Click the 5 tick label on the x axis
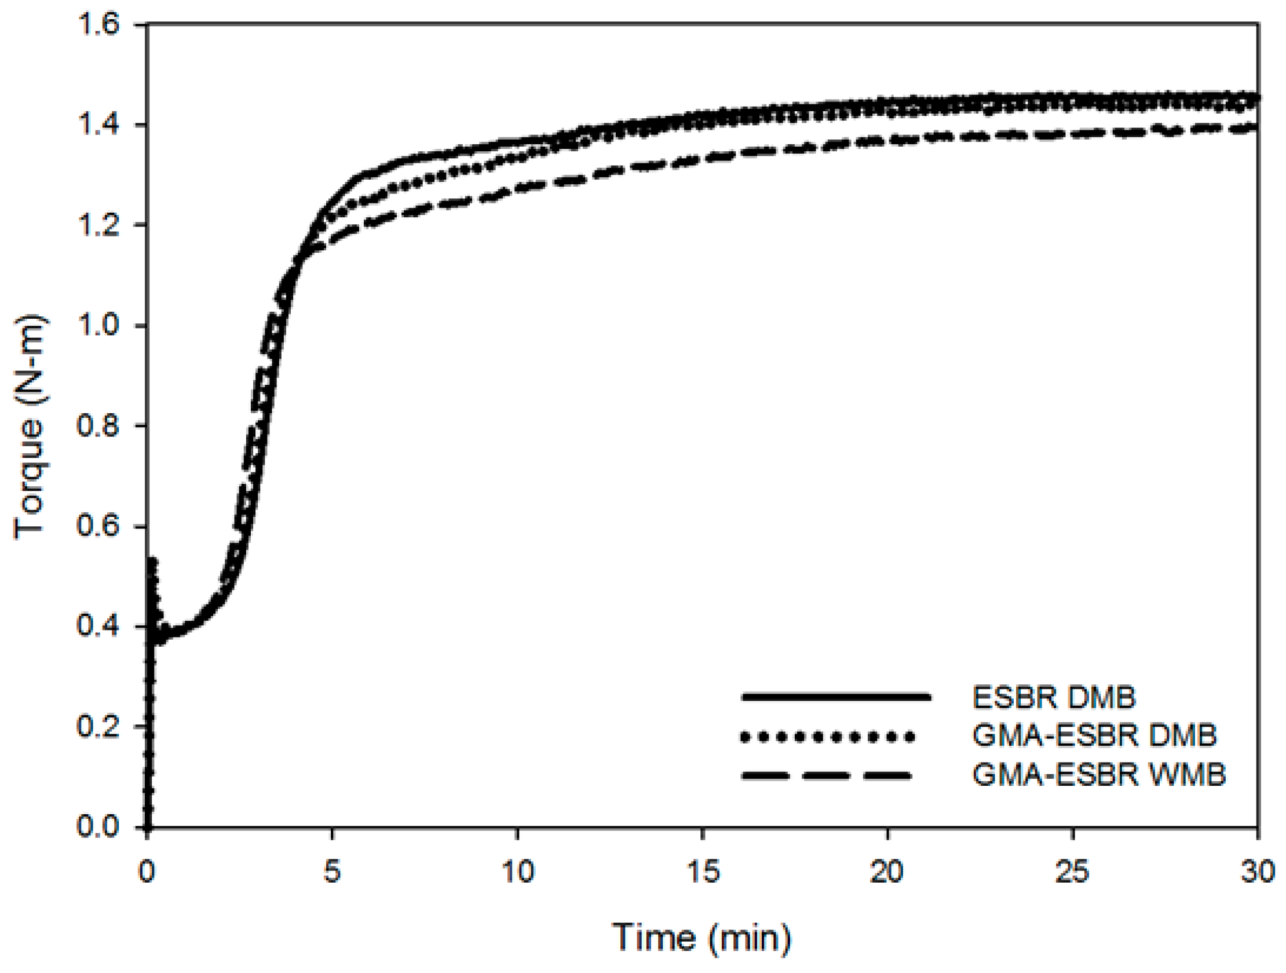tap(331, 872)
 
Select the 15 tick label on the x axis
tap(702, 872)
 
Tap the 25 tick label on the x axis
tap(1072, 872)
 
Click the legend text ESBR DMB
tap(1054, 697)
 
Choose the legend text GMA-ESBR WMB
tap(1099, 775)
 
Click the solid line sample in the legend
tap(836, 697)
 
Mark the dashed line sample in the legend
tap(825, 775)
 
